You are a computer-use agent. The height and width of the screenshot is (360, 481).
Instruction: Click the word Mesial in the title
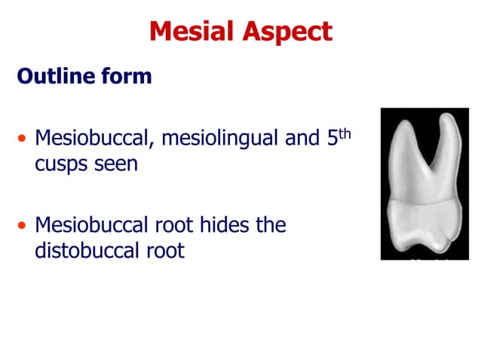[191, 32]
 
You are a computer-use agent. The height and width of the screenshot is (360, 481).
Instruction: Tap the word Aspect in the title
[286, 32]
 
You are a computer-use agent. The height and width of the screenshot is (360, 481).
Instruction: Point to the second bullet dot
[23, 226]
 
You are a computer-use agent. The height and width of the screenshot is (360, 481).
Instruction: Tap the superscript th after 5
[345, 133]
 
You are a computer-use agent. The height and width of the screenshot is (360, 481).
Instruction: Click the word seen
[117, 165]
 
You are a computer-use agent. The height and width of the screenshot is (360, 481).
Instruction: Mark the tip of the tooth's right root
[452, 117]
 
